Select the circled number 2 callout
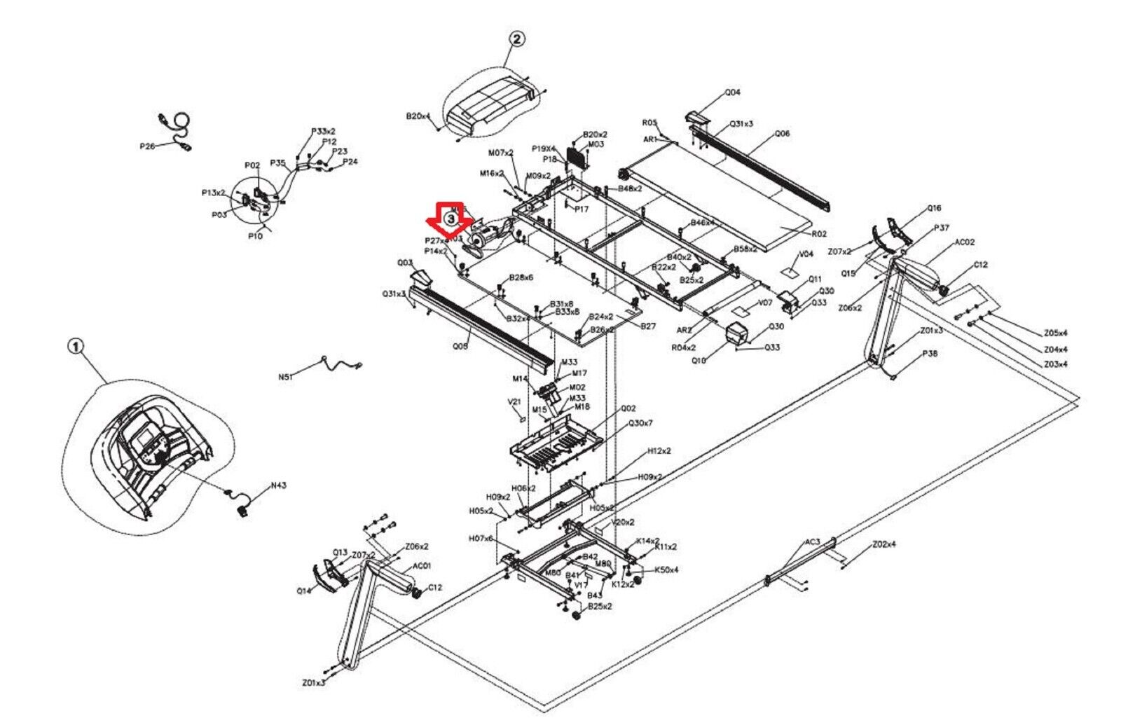[x=516, y=39]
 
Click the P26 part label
[x=147, y=146]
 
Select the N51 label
[x=285, y=376]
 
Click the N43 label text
[x=279, y=485]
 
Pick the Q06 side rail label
[x=782, y=133]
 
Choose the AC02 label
[x=965, y=242]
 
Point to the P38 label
[x=930, y=354]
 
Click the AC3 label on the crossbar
[x=812, y=542]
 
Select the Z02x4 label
[x=884, y=544]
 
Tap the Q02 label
[x=628, y=408]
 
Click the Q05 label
[x=460, y=346]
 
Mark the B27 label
[x=648, y=326]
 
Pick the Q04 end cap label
[x=732, y=92]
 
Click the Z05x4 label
[x=1055, y=333]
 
